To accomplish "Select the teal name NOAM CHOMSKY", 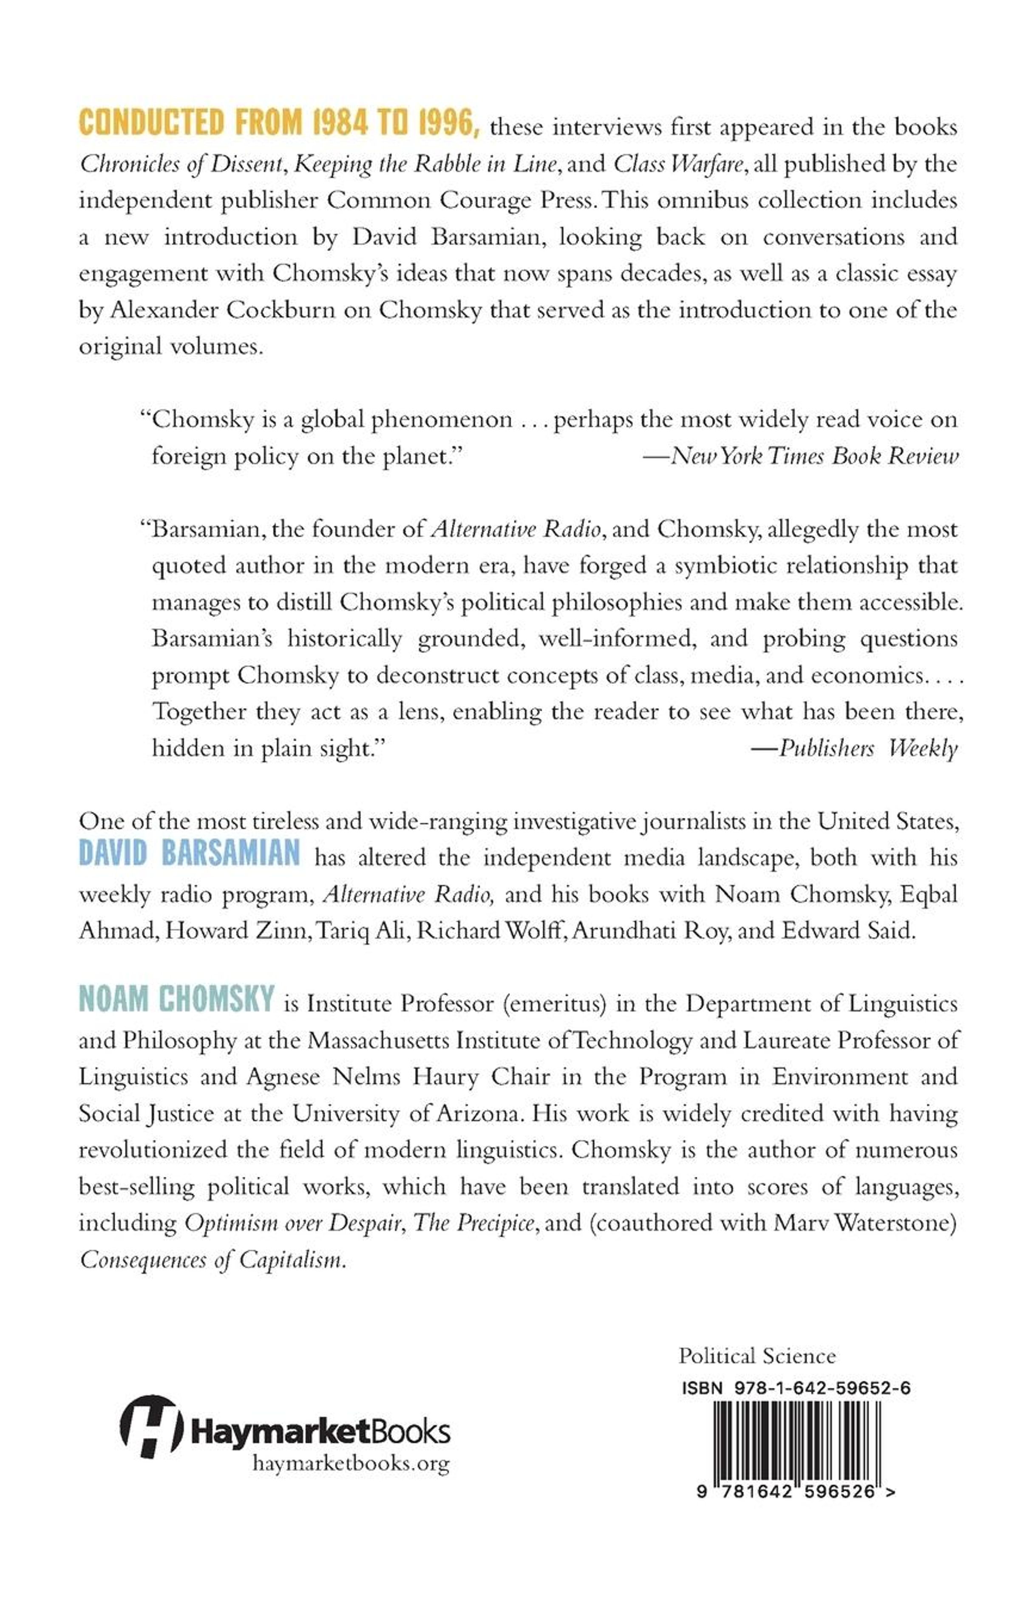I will pyautogui.click(x=176, y=999).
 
